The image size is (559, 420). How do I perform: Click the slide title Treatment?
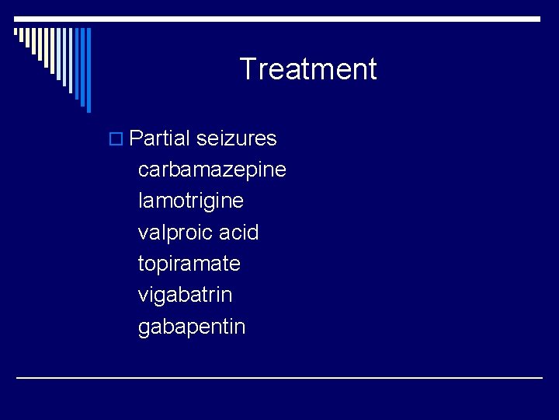[307, 69]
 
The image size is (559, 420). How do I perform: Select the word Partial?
[159, 138]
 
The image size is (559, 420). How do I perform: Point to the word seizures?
[236, 138]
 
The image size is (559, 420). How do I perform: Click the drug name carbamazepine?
[212, 170]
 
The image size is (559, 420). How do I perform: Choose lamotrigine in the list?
[190, 201]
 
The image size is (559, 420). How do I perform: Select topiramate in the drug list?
[189, 264]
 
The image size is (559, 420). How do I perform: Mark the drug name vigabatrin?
[185, 295]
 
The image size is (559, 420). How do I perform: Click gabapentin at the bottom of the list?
[191, 327]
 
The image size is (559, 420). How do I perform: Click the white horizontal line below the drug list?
[279, 377]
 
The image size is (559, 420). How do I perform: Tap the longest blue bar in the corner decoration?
[89, 70]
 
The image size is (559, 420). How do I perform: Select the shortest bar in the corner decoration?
[16, 32]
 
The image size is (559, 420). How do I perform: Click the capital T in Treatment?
[248, 69]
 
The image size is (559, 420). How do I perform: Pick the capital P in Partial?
[136, 138]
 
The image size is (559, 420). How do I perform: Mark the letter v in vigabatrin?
[143, 296]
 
